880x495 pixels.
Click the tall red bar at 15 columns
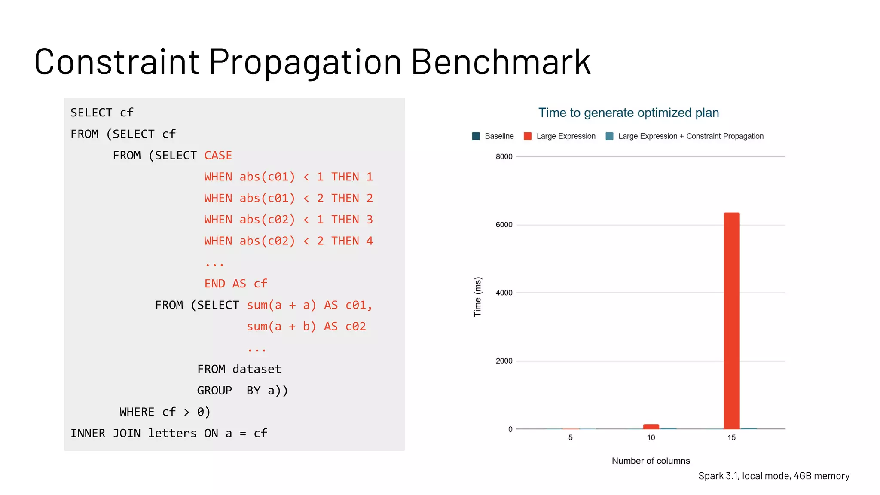[731, 321]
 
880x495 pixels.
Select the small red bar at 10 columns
[651, 426]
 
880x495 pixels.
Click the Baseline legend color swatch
[476, 136]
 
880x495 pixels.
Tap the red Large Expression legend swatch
[528, 136]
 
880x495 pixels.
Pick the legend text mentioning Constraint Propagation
[691, 136]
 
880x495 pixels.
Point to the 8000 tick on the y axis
[504, 157]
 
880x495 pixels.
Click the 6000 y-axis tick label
[504, 225]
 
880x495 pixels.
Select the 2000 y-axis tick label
[504, 361]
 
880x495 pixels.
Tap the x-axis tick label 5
[570, 438]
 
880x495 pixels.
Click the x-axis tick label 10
[651, 438]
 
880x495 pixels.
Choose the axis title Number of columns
[651, 461]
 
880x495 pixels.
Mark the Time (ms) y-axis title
[477, 296]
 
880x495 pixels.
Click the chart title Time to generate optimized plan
[628, 113]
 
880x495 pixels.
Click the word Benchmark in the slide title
[501, 62]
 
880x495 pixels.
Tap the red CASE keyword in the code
[218, 156]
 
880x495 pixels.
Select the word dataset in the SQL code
[257, 369]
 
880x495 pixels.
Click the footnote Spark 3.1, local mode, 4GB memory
[773, 476]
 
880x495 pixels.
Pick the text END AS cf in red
[235, 284]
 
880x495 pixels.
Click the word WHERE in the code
[137, 412]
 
